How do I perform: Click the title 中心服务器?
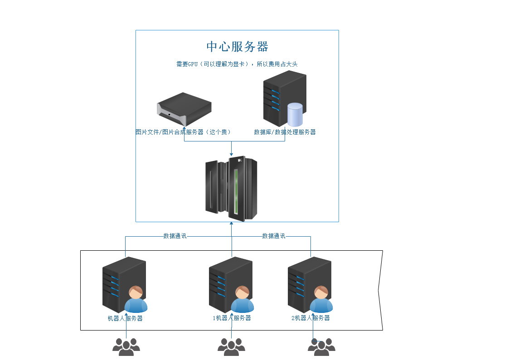pyautogui.click(x=238, y=47)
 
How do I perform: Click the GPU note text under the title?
pyautogui.click(x=237, y=64)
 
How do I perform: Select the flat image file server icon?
pyautogui.click(x=184, y=109)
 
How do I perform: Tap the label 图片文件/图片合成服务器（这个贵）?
pyautogui.click(x=183, y=132)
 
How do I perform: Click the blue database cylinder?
pyautogui.click(x=295, y=115)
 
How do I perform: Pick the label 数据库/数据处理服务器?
pyautogui.click(x=285, y=132)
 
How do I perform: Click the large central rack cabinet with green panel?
pyautogui.click(x=231, y=189)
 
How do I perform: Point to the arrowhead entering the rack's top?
pyautogui.click(x=232, y=155)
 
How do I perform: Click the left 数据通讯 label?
pyautogui.click(x=175, y=236)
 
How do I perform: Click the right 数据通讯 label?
pyautogui.click(x=274, y=236)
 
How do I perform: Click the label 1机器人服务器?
pyautogui.click(x=232, y=318)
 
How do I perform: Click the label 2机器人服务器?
pyautogui.click(x=310, y=318)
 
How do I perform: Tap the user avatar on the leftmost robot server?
pyautogui.click(x=136, y=299)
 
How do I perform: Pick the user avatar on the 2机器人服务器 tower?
pyautogui.click(x=321, y=299)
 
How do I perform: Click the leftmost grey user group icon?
pyautogui.click(x=126, y=347)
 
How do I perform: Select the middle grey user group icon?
pyautogui.click(x=231, y=347)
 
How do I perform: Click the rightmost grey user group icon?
pyautogui.click(x=321, y=347)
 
